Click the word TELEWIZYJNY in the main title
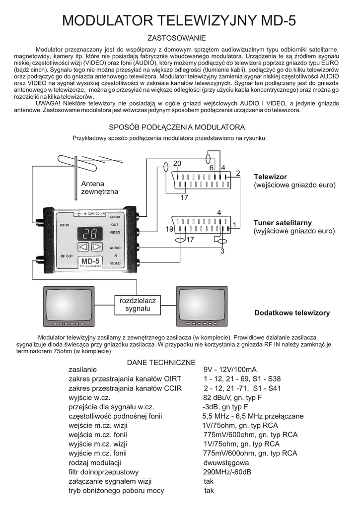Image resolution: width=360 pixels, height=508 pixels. pyautogui.click(x=206, y=21)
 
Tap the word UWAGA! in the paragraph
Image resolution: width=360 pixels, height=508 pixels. pyautogui.click(x=48, y=103)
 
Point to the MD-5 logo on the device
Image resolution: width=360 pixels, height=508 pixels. pyautogui.click(x=90, y=261)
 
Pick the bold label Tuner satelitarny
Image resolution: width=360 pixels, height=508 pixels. pyautogui.click(x=283, y=223)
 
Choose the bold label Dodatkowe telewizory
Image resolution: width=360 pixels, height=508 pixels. pyautogui.click(x=292, y=313)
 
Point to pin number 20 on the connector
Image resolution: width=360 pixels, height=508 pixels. pyautogui.click(x=178, y=164)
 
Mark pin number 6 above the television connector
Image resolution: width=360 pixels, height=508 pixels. pyautogui.click(x=212, y=168)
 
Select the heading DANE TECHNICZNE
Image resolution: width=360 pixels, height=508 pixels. pyautogui.click(x=161, y=363)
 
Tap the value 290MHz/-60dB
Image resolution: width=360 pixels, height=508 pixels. pyautogui.click(x=227, y=472)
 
